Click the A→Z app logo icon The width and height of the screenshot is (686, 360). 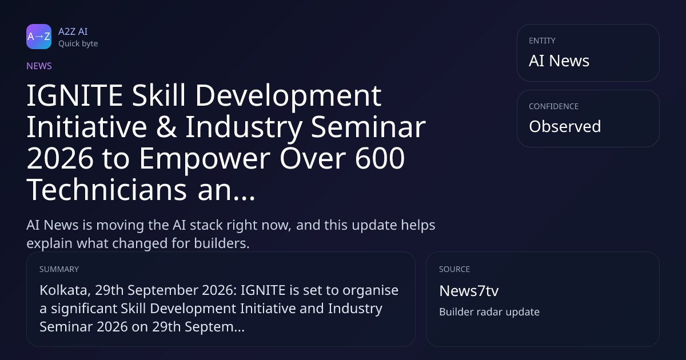click(x=39, y=37)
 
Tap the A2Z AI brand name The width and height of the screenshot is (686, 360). click(x=73, y=31)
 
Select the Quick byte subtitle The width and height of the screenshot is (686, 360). click(x=78, y=44)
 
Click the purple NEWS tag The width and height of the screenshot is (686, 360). click(x=39, y=66)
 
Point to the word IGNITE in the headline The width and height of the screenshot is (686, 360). click(x=75, y=95)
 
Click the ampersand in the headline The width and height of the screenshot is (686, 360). click(x=166, y=127)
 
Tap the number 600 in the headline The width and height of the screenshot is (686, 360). click(x=380, y=158)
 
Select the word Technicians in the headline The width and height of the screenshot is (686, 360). click(x=107, y=190)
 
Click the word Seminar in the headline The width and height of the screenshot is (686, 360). click(x=368, y=127)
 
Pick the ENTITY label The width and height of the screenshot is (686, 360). click(x=542, y=41)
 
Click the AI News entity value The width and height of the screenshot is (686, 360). click(x=559, y=61)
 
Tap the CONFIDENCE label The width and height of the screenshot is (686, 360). click(x=554, y=106)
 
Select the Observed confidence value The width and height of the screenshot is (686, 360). click(x=565, y=126)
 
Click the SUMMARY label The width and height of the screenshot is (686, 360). click(x=59, y=269)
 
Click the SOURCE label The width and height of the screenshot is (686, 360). click(x=454, y=269)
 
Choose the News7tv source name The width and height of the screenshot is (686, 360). click(x=469, y=291)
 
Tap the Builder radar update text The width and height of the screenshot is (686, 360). click(x=489, y=312)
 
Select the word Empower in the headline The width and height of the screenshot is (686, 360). click(x=205, y=159)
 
